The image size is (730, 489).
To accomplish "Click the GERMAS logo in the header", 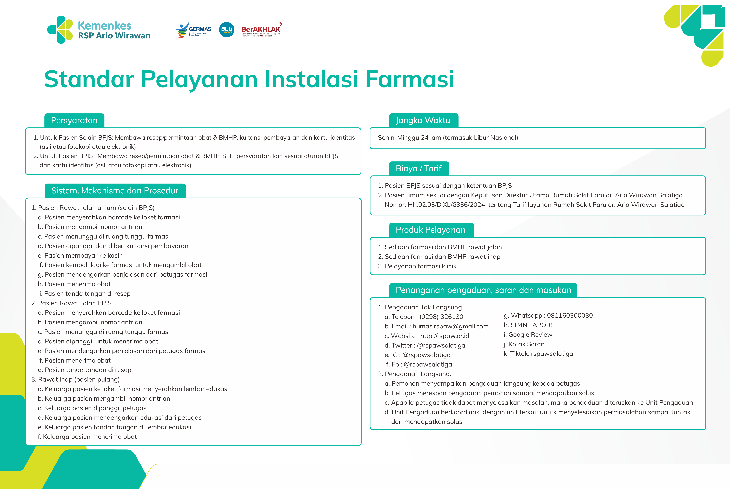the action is tap(193, 30).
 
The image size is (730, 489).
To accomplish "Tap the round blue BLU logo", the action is tap(227, 30).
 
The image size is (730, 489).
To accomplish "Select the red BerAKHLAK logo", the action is tap(261, 30).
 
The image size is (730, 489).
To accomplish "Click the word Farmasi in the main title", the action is tap(409, 79).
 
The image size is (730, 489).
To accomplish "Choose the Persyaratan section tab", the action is tap(74, 120).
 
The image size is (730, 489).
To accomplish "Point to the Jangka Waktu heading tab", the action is tap(423, 120).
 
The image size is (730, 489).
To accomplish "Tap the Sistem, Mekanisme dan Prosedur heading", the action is tap(115, 191).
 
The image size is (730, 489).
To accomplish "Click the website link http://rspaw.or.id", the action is tap(444, 336).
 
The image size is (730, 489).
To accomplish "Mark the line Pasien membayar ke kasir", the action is tap(79, 255).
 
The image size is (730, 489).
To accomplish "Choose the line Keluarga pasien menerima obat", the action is tap(87, 437).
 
